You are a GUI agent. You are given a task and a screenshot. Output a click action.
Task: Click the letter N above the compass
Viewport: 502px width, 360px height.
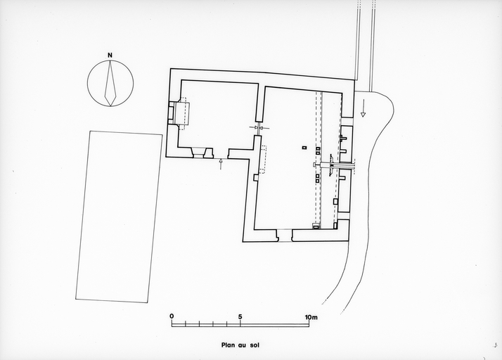tap(110, 56)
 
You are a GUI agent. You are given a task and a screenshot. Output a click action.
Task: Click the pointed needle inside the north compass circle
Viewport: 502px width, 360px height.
tap(110, 83)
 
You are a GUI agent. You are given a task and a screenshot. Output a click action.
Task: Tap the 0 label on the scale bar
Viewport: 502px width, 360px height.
tap(172, 316)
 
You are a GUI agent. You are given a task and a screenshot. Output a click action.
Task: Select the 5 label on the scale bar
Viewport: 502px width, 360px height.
tap(240, 317)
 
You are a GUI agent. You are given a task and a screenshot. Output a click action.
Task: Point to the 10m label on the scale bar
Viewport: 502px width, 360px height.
tap(311, 317)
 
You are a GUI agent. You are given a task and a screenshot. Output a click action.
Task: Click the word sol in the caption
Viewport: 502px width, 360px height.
tap(255, 345)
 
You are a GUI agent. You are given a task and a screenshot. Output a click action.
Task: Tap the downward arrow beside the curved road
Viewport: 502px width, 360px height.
tap(363, 108)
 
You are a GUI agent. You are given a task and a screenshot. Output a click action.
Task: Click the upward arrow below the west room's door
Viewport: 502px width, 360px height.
tap(220, 164)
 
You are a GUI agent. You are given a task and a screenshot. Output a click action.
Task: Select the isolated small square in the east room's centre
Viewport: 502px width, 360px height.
tap(304, 148)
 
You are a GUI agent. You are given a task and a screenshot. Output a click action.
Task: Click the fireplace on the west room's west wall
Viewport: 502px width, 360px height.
tap(179, 114)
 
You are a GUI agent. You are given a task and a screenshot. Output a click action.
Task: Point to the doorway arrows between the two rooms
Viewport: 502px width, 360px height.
tap(259, 128)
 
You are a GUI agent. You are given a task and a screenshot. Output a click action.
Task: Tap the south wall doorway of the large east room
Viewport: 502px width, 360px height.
tap(284, 236)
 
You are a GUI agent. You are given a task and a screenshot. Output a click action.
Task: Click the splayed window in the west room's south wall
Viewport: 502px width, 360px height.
tap(202, 153)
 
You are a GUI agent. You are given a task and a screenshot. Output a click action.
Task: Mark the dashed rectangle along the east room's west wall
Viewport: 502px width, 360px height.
tap(264, 160)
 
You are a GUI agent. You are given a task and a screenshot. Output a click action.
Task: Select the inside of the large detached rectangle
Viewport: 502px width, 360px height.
tap(119, 217)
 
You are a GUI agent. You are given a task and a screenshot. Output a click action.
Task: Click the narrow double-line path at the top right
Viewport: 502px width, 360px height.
tap(365, 45)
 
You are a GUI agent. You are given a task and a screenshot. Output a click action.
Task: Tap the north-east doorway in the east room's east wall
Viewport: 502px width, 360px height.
tap(347, 122)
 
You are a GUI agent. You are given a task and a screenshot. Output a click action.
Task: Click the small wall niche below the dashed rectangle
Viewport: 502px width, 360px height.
tap(256, 177)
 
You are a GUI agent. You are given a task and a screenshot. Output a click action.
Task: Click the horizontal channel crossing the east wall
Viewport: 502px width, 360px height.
tap(335, 165)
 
